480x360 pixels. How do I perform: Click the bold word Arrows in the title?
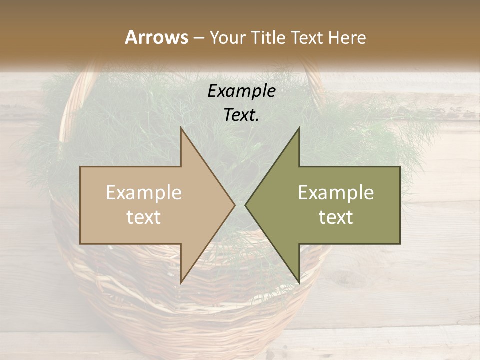(x=156, y=37)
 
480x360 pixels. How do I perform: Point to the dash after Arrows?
(x=198, y=38)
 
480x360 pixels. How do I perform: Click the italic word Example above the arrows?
(x=241, y=91)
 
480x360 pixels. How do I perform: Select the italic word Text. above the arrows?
(x=241, y=115)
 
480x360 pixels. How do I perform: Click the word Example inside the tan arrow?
(x=144, y=193)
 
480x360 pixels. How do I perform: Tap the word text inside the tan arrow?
(x=144, y=217)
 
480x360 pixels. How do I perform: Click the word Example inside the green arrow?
(x=336, y=193)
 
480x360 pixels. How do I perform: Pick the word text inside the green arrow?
(x=336, y=217)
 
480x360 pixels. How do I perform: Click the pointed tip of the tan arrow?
(x=234, y=205)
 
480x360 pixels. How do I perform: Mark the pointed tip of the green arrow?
(x=246, y=205)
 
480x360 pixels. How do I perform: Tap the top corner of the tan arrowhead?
(x=181, y=128)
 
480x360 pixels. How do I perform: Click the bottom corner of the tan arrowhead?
(x=181, y=282)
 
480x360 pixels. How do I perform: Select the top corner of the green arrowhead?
(x=299, y=128)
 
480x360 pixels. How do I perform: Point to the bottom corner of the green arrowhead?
(x=299, y=282)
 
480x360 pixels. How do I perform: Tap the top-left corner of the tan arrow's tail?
(x=80, y=167)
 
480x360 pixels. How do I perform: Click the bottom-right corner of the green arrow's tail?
(x=400, y=244)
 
